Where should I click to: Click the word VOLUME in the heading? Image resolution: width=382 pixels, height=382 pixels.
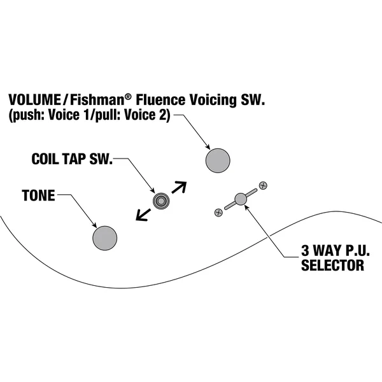coord(34,99)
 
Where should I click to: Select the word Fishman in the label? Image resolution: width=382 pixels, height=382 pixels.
coord(97,99)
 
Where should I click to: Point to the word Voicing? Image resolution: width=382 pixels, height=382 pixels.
coord(213,100)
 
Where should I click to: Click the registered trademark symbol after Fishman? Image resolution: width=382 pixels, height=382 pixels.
coord(128,97)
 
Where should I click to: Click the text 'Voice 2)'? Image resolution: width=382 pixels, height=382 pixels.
coord(147,115)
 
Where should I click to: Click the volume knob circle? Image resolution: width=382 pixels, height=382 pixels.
coord(218,160)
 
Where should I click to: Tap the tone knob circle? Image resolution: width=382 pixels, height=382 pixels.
coord(105,238)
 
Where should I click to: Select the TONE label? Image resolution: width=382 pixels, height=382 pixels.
coord(38,195)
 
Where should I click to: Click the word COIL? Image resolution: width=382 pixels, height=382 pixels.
coord(46,159)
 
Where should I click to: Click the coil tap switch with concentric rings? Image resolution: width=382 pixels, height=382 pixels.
coord(161,201)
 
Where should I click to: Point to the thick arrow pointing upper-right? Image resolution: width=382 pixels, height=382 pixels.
coord(180,187)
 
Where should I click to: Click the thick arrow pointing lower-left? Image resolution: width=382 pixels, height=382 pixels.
coord(143,215)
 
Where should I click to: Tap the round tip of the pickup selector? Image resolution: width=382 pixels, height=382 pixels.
coord(241,199)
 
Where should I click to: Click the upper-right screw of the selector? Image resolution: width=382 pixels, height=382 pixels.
coord(263,186)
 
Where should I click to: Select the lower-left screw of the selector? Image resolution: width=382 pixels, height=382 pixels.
coord(218,213)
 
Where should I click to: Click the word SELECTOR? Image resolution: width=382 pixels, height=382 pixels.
coord(332,265)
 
